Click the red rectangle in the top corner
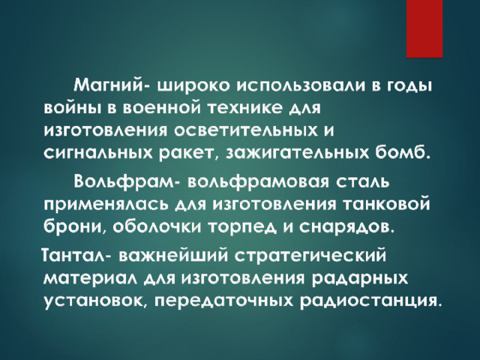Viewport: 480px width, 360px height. click(424, 28)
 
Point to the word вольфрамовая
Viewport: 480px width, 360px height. click(257, 182)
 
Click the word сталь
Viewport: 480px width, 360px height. click(363, 182)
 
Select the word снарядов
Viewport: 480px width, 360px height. click(345, 227)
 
